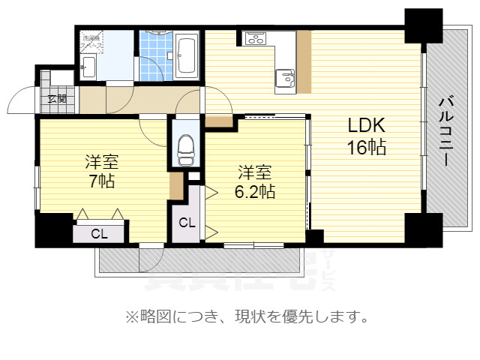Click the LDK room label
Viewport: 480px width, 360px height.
coord(366,125)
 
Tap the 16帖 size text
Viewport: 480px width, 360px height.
coord(366,147)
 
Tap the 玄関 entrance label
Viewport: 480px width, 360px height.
coord(57,97)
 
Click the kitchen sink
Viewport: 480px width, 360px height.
coord(284,76)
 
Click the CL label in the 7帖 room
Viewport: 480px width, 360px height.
coord(100,233)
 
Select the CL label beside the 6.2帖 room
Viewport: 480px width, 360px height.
coord(187,223)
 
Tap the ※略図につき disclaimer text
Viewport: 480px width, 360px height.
coord(247,317)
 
